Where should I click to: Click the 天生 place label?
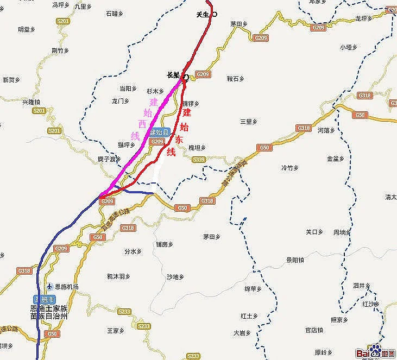[x=202, y=15]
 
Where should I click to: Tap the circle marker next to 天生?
[x=215, y=15]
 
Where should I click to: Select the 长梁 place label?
[x=173, y=75]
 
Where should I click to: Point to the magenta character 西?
[x=142, y=124]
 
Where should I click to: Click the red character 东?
[x=178, y=140]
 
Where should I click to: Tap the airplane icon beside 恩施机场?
[x=49, y=286]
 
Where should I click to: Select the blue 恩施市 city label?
[x=43, y=299]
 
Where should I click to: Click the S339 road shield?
[x=199, y=159]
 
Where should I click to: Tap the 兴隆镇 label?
[x=31, y=102]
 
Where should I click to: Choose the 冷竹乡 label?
[x=290, y=167]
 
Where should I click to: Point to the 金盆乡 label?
[x=336, y=159]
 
